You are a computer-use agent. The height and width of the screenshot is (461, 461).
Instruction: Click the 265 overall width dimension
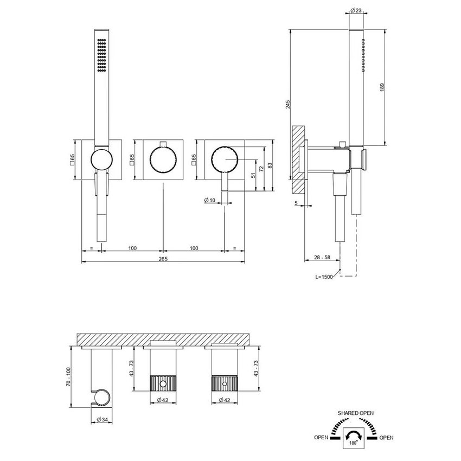pos(163,259)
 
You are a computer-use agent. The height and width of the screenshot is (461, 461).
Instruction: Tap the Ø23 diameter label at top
pos(355,10)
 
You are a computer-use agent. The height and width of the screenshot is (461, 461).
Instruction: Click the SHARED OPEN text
pos(355,413)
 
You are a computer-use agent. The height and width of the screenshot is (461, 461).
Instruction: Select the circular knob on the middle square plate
pos(163,161)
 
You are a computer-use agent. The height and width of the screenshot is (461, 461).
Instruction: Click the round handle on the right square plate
pos(225,160)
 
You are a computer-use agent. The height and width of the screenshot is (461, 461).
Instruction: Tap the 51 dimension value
pos(253,175)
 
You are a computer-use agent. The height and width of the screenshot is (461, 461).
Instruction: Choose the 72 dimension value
pos(261,169)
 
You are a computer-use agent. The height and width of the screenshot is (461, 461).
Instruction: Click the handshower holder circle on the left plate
pos(101,160)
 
